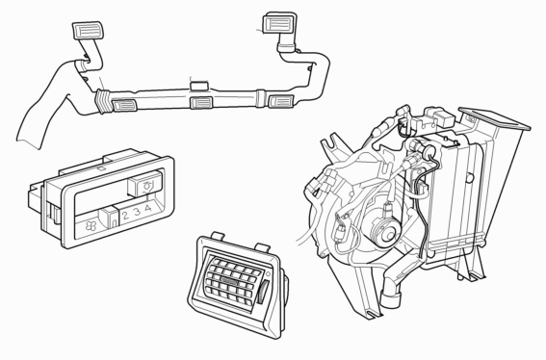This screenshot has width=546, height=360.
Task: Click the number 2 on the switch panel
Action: point(125,215)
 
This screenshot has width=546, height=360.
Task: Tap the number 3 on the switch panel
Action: point(137,212)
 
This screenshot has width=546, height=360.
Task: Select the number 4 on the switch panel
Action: point(148,208)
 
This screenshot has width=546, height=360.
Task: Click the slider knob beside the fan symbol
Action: point(110,218)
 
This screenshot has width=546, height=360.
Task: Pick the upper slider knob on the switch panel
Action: point(144,183)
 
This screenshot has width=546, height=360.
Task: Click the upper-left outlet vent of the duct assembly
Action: point(88,30)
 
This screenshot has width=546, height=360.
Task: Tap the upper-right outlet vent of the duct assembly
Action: point(278,23)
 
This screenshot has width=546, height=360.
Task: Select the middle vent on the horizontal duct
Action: point(201,102)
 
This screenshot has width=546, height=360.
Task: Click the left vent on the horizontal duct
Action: point(123,105)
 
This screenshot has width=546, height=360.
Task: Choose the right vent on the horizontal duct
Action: point(280,101)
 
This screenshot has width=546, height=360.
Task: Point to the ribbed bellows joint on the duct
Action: point(103,101)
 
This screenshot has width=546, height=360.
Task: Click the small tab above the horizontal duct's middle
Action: point(198,86)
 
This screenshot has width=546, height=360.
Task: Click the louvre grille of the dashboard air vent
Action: point(233,281)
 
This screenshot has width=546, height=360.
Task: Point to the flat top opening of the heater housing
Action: point(494,118)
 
